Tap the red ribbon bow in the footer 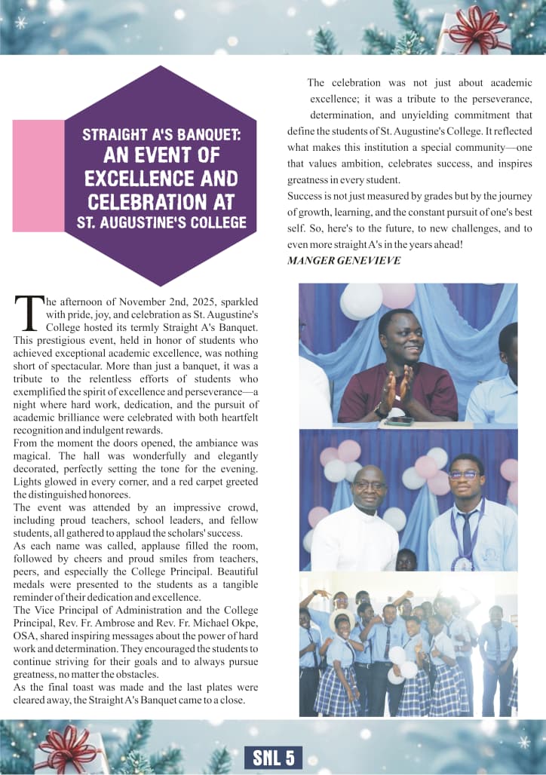[x=69, y=746]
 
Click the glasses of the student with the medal [x=465, y=475]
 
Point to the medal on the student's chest [x=461, y=562]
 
